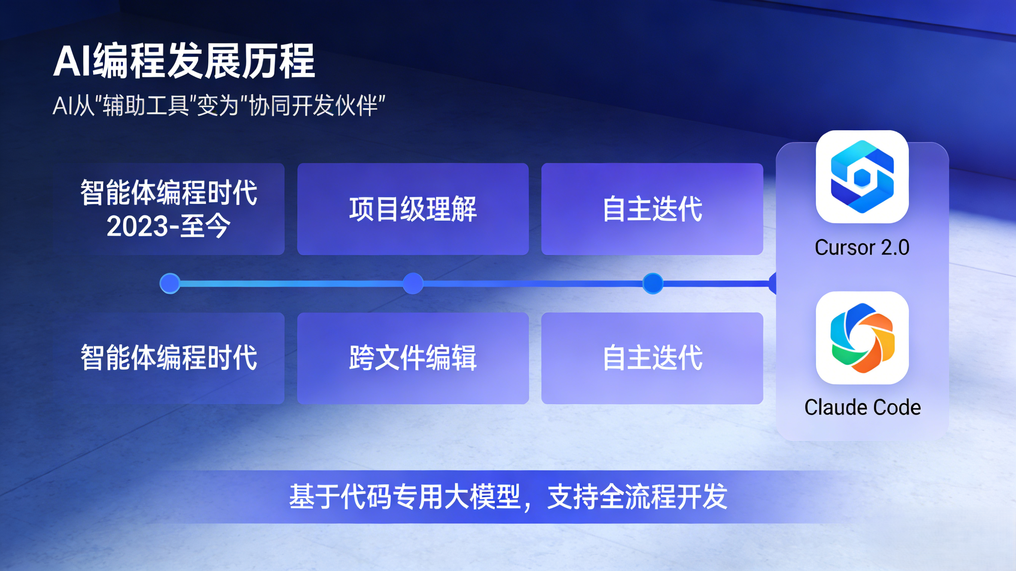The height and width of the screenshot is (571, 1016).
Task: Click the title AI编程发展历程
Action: [184, 61]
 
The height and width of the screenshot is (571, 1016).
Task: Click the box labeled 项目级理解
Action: [413, 209]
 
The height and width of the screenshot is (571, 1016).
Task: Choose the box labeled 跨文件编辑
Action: [413, 358]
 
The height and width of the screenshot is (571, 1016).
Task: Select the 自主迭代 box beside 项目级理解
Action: [652, 209]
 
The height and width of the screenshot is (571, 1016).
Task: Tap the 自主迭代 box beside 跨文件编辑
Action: [652, 358]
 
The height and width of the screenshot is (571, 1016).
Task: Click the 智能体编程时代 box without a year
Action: [169, 358]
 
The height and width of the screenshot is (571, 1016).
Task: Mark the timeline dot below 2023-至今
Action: [170, 283]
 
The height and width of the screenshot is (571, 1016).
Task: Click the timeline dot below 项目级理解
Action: [413, 283]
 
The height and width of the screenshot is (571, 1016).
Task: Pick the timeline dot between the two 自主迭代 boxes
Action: [653, 283]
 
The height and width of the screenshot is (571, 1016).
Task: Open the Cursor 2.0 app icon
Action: [862, 177]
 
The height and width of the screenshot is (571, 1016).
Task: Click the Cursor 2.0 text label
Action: [862, 248]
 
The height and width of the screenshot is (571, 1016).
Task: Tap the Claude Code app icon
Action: [862, 337]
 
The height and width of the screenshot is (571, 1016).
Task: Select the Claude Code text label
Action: [863, 407]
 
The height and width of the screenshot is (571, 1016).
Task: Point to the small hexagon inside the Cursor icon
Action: [862, 178]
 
